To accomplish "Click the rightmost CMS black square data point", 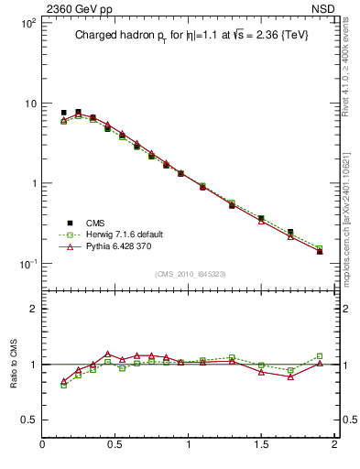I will click(320, 250).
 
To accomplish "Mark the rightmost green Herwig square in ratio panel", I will click(320, 355).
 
